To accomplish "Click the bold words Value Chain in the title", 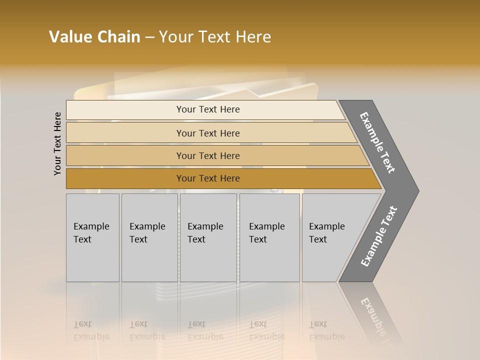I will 94,37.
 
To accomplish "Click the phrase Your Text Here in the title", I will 215,37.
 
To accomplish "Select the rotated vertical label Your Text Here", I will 57,143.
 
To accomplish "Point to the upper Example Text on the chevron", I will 378,142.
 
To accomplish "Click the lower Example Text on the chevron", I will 379,236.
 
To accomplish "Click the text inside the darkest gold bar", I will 208,178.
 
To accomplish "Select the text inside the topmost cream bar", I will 208,109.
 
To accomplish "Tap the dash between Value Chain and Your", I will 149,37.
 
